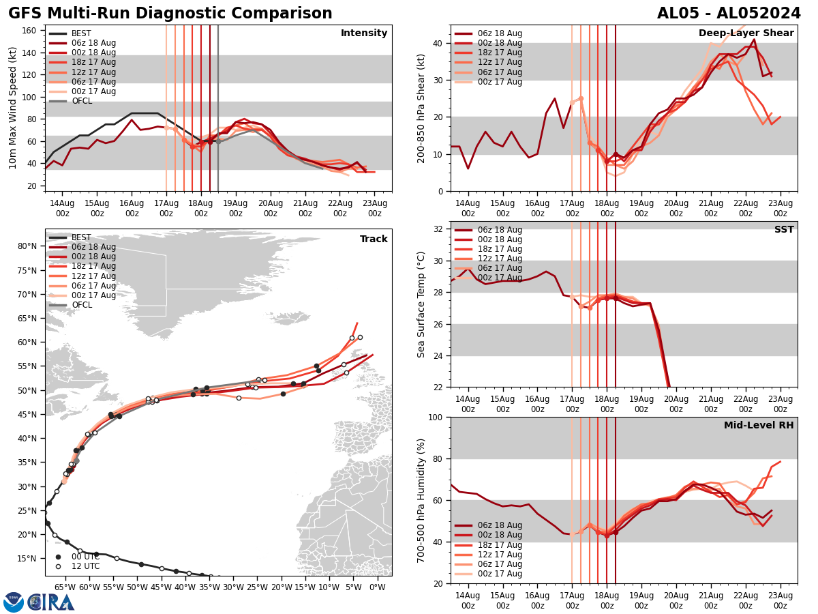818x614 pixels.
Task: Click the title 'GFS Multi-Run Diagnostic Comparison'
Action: [170, 14]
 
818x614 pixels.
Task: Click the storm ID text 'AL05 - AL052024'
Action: [729, 14]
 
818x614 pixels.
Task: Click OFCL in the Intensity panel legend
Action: [81, 101]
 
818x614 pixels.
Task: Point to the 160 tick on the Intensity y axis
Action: [30, 31]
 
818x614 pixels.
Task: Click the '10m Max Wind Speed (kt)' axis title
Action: [13, 108]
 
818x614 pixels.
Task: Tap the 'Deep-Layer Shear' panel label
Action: [746, 33]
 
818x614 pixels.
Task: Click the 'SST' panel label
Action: [783, 230]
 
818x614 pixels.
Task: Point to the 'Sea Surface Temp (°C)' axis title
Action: [421, 304]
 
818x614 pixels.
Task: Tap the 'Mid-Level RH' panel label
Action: [758, 426]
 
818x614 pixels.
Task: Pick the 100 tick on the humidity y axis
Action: [436, 417]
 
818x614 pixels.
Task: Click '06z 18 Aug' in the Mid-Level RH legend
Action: [499, 525]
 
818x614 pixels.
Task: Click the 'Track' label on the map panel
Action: [374, 239]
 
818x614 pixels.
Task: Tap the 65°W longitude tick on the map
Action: [65, 586]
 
